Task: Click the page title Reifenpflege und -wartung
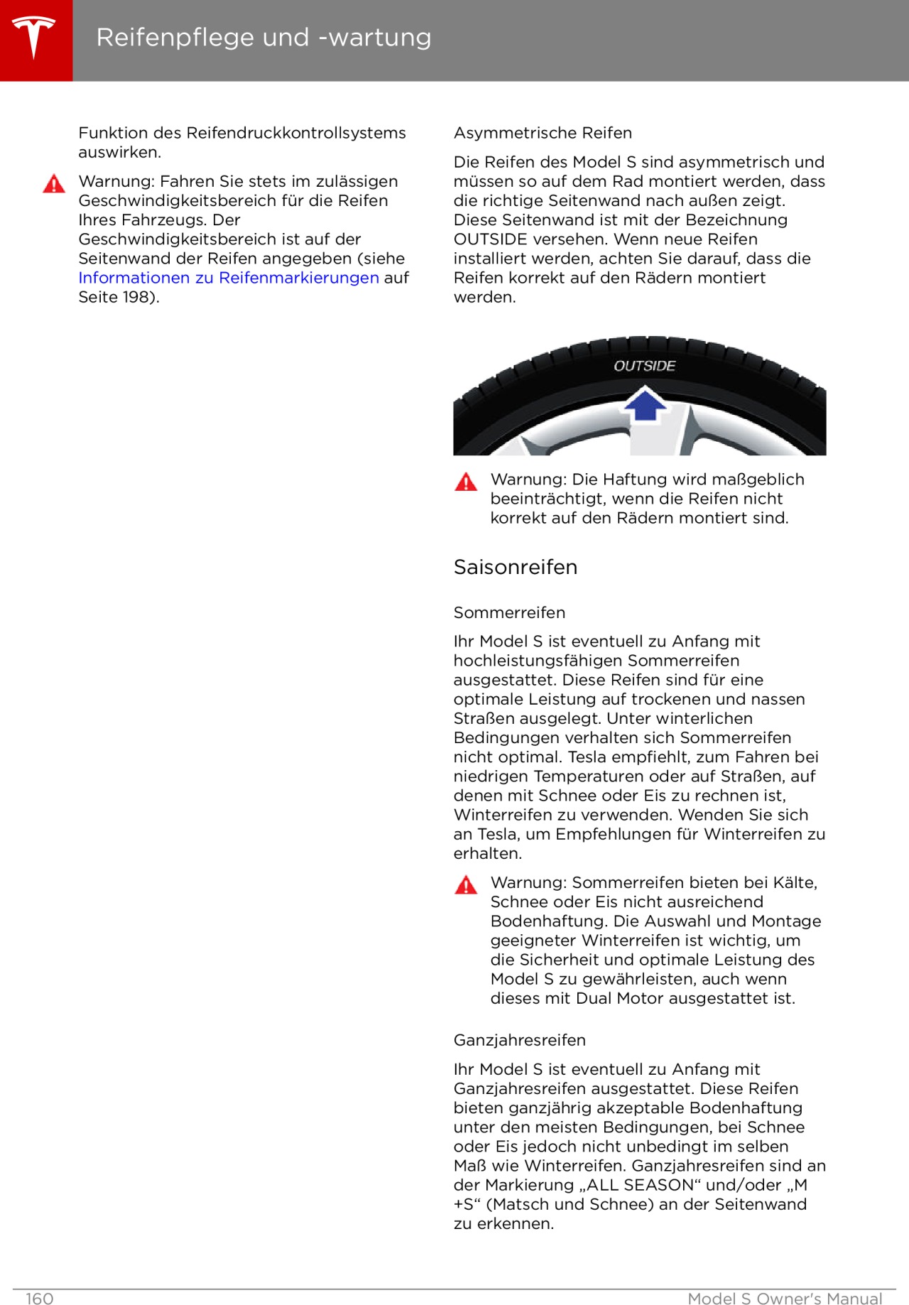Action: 263,37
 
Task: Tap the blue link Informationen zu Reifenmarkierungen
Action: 229,278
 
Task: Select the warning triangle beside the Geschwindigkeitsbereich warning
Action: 54,185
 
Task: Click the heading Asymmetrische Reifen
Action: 543,133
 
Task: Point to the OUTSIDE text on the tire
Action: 644,366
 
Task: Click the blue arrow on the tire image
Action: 645,404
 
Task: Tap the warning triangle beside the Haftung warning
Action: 466,482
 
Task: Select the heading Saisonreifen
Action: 516,567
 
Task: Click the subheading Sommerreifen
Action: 509,612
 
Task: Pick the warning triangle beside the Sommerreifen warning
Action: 466,885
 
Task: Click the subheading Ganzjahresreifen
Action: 520,1040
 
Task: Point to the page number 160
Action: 40,1299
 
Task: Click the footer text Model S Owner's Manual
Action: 785,1299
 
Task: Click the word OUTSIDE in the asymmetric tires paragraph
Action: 490,239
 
